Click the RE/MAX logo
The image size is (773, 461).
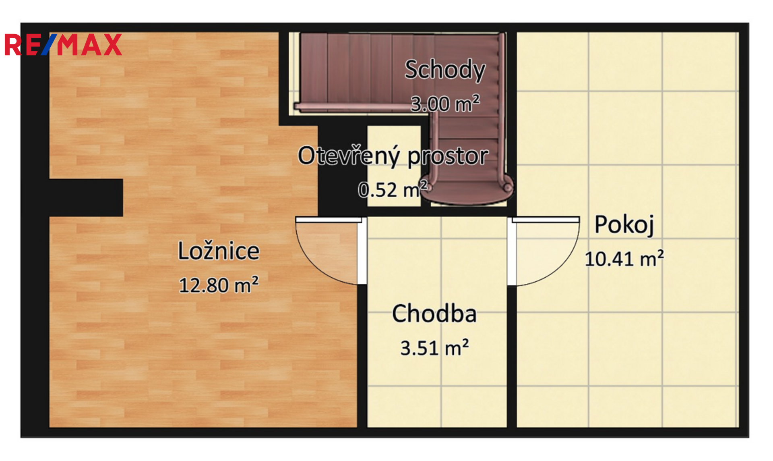click(63, 45)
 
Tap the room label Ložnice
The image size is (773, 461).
click(219, 251)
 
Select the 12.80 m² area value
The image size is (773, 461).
click(219, 285)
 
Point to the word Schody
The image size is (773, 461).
click(445, 70)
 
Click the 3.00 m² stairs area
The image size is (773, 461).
click(445, 104)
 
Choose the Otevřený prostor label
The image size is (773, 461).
click(393, 156)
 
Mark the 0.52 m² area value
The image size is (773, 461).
click(393, 189)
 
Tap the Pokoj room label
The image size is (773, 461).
click(624, 225)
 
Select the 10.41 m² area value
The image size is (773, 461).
click(624, 259)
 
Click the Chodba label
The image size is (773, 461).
click(434, 314)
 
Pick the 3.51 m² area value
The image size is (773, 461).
click(434, 348)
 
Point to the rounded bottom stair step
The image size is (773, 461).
click(467, 192)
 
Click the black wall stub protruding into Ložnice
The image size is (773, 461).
click(86, 197)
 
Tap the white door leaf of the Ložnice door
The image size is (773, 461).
click(329, 220)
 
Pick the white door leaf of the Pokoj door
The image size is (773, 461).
click(546, 220)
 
